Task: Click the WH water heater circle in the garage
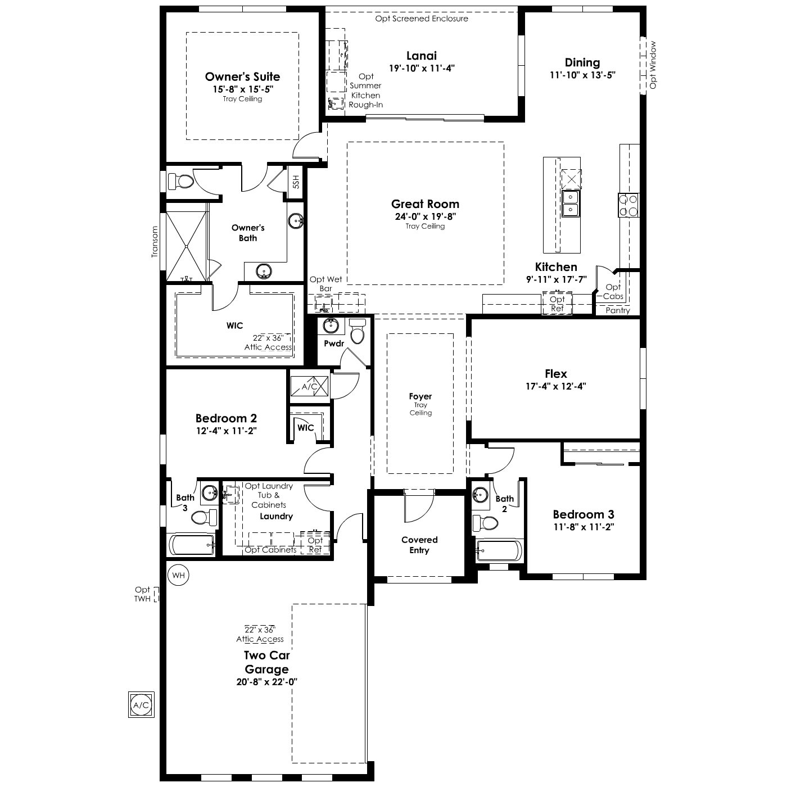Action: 178,575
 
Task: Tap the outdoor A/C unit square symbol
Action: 141,704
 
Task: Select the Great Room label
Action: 425,204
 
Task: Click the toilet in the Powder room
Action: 358,331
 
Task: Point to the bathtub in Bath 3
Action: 192,544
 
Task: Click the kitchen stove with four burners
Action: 628,205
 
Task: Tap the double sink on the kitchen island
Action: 571,204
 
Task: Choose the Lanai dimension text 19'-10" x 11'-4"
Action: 422,68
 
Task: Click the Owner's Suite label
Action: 243,76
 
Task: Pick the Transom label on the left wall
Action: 155,242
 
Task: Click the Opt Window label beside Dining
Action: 653,65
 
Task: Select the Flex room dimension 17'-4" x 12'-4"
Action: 556,386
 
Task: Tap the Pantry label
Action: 617,310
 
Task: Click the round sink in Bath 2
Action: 480,495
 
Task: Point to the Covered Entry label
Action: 419,545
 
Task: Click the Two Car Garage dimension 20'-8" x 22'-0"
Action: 266,682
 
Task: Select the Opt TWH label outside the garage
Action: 143,594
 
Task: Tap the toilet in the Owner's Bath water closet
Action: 181,182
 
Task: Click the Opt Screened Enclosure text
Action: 422,19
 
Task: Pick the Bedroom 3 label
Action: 583,514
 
